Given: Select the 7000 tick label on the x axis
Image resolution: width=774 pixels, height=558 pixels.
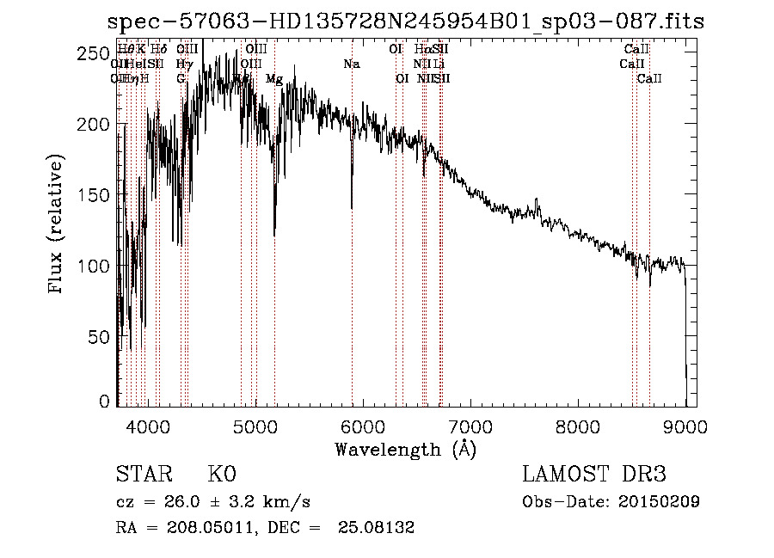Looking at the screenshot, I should [x=470, y=426].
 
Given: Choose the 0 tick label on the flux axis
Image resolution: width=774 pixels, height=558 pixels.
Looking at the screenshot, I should [x=103, y=402].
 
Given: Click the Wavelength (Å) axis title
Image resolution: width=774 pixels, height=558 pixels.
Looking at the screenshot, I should [x=405, y=448].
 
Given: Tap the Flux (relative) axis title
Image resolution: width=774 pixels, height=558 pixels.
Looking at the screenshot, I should [x=58, y=226].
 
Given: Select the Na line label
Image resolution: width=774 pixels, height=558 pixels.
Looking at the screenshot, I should [x=352, y=64].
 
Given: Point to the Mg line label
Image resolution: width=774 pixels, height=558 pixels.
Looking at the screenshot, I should [x=274, y=78].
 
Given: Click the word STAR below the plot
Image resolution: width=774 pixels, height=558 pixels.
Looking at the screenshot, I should [x=143, y=475].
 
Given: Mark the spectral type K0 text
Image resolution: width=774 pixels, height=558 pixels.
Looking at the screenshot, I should [x=222, y=475].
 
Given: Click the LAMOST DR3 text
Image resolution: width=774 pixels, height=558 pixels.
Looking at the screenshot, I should [x=593, y=475].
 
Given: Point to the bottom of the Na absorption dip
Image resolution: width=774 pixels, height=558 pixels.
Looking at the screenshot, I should [x=352, y=207].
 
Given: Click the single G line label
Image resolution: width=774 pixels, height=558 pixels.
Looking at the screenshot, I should [x=181, y=78].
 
